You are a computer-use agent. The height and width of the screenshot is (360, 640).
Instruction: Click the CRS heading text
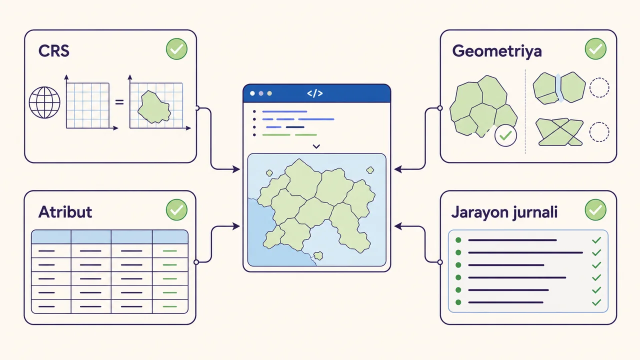point(53,51)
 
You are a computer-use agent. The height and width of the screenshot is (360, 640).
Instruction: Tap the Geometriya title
point(497,51)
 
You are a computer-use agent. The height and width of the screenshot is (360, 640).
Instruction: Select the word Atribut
point(65,212)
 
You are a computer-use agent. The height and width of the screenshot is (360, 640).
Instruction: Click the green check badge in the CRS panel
point(176,49)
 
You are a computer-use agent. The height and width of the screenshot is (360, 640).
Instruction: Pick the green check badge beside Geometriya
point(595,49)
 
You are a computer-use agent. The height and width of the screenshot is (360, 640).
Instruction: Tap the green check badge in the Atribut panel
point(176,209)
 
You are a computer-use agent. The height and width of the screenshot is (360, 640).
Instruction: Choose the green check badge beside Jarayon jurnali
point(595,209)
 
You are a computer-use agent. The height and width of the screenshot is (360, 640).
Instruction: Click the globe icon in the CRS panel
point(44,102)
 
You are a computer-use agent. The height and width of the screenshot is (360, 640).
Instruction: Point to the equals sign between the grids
point(119,102)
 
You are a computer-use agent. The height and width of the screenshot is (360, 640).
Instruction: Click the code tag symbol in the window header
point(315,93)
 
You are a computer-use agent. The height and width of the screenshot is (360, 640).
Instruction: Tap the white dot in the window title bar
point(252,93)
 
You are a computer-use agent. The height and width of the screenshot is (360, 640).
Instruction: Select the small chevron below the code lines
point(316,146)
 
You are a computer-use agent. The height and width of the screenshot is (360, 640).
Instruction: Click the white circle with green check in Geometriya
point(505,135)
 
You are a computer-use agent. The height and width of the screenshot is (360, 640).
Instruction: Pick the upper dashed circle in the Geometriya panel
point(599,87)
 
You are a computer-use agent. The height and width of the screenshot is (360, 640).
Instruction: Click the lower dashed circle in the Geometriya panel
point(599,132)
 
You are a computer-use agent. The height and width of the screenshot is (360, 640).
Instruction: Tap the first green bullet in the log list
point(458,240)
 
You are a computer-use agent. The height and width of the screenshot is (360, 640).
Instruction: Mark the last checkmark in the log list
point(596,302)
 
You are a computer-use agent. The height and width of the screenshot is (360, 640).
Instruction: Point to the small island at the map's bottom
point(318,255)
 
